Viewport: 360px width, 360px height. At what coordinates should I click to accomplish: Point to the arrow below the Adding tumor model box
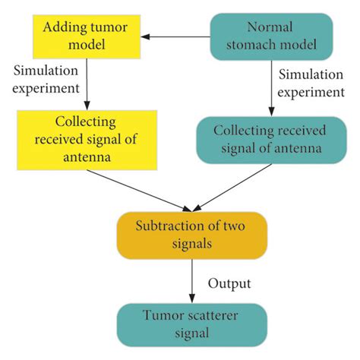click(88, 84)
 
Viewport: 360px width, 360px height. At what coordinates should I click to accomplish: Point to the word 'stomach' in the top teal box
click(257, 46)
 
